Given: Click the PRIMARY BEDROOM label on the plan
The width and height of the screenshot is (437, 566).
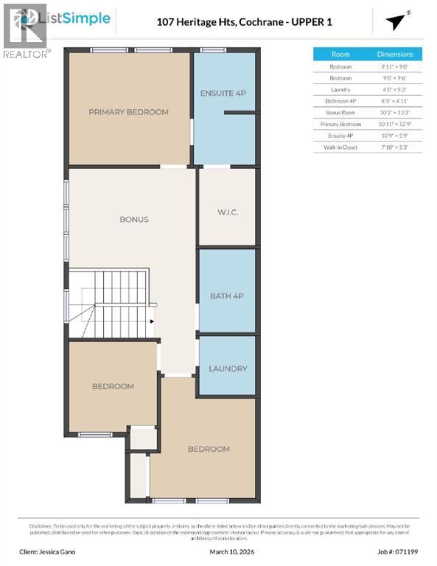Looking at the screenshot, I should click(x=128, y=112).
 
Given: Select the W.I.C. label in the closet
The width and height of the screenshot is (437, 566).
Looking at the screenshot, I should click(x=228, y=212).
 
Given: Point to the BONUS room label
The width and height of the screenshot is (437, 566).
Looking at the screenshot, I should click(x=134, y=219).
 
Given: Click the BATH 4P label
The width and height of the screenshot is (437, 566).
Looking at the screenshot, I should click(x=227, y=296).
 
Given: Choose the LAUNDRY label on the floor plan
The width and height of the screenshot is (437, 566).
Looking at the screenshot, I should click(x=228, y=368).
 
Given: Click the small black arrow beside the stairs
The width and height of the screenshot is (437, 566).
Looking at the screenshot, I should click(x=151, y=321).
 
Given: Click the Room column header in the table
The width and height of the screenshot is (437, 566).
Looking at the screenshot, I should click(x=340, y=55).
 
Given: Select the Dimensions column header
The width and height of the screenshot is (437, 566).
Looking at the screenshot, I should click(x=395, y=55).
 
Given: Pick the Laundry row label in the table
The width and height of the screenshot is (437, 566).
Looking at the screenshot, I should click(x=340, y=89).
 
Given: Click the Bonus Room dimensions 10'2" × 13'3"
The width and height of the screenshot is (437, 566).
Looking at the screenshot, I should click(x=395, y=113).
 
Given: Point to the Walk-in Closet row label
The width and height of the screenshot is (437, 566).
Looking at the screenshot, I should click(x=340, y=147).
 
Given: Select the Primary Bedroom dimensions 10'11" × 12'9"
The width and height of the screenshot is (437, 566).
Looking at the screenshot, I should click(x=395, y=125).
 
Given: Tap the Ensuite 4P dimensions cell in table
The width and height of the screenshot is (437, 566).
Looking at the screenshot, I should click(x=395, y=136).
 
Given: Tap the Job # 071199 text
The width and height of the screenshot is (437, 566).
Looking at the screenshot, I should click(x=388, y=551).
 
